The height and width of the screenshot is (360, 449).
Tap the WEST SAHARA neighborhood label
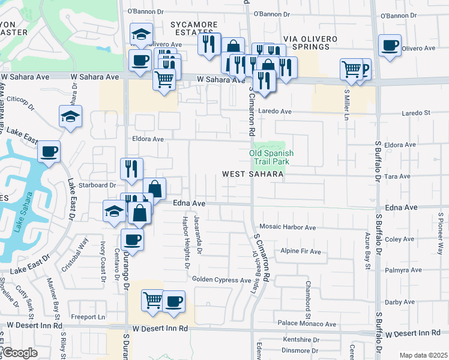(x=252, y=174)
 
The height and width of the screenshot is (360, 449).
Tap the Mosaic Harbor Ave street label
(x=288, y=227)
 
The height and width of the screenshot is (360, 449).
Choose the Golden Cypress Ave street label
(x=221, y=280)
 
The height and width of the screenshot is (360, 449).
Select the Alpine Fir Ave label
(x=301, y=251)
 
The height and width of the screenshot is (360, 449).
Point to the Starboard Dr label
(x=99, y=185)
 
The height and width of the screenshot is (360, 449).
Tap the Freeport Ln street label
(x=88, y=317)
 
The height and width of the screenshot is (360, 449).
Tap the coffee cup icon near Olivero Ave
(x=390, y=45)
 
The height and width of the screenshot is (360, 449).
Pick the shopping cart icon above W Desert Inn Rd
(x=152, y=299)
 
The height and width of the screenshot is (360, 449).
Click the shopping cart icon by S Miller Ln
(x=351, y=68)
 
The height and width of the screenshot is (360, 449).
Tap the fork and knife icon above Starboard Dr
(x=131, y=169)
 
